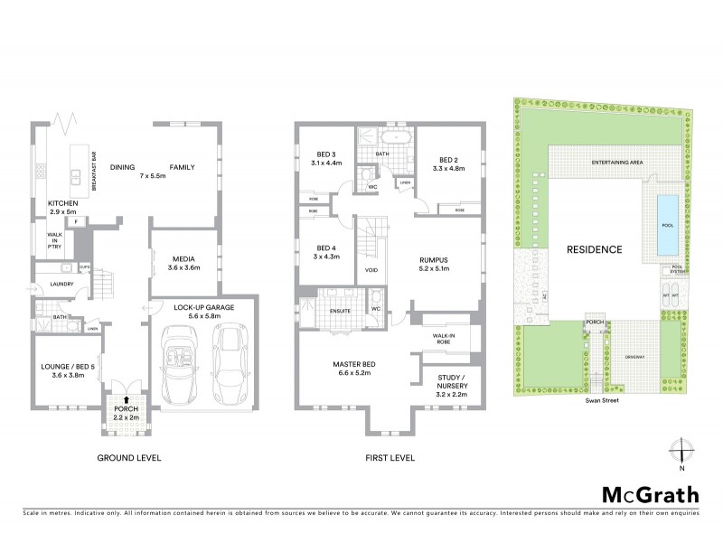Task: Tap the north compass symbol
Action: pos(682,451)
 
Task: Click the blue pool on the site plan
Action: pos(667,224)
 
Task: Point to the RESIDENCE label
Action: pos(595,249)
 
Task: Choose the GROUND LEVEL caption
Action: pos(129,458)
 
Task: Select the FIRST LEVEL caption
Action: pos(390,458)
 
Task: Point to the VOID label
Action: pos(371,270)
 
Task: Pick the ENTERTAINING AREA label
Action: pos(617,162)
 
